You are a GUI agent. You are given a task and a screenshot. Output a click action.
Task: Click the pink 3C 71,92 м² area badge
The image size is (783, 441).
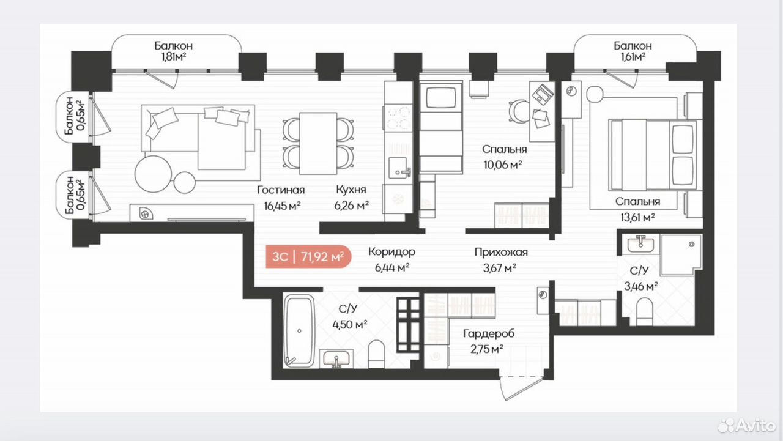click(308, 256)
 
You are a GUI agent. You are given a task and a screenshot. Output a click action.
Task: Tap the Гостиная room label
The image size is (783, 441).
click(281, 190)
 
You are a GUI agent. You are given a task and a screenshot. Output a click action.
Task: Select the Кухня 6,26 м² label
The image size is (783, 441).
click(351, 198)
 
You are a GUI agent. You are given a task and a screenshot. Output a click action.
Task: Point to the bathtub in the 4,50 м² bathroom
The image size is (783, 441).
click(299, 330)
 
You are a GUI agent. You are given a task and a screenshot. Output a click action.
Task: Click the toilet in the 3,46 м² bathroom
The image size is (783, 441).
click(644, 311)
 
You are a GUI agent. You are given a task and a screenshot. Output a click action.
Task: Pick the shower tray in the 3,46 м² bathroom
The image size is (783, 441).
click(681, 254)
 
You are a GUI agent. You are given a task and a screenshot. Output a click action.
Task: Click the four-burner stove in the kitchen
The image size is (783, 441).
click(398, 118)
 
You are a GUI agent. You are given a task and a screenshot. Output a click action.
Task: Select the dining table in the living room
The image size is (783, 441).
click(318, 143)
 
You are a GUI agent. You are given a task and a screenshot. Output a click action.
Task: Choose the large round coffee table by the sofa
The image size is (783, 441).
click(154, 173)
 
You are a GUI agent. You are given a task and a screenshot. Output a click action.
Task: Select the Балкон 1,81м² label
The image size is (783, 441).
click(173, 51)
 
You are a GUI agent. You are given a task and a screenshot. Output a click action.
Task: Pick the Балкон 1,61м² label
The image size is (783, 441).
click(633, 51)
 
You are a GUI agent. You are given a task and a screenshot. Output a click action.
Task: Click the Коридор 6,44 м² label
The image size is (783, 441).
click(392, 259)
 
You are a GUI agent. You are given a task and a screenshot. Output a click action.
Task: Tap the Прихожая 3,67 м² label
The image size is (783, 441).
click(501, 259)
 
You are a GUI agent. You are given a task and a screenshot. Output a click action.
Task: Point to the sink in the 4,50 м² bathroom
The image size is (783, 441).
click(336, 359)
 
